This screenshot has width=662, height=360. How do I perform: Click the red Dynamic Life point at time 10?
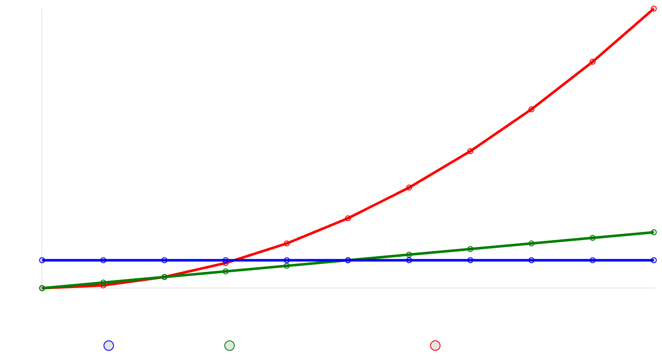coord(654,8)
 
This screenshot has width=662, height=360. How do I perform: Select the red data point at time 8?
coord(531,109)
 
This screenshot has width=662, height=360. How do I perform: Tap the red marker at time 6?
coord(409,187)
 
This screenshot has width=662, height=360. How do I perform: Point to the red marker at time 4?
coord(287,243)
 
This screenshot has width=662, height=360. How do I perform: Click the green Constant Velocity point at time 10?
coord(654,232)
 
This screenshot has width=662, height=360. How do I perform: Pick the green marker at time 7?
coord(470,249)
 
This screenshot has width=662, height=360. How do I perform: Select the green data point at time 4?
coord(287,266)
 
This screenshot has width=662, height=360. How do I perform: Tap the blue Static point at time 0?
coord(42,260)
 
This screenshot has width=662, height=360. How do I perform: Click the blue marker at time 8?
coord(531,260)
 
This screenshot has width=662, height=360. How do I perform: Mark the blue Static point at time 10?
coord(654,260)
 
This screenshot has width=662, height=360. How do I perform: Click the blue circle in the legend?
coord(109,346)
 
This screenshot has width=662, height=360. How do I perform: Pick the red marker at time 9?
coord(593,61)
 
